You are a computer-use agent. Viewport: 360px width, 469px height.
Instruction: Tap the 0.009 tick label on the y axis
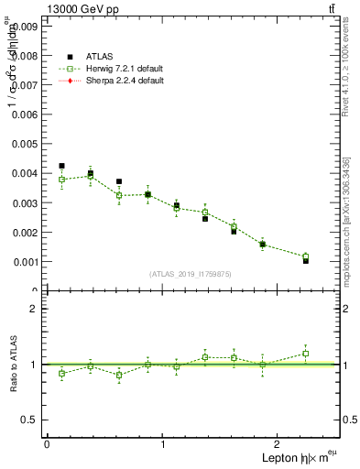click(24, 27)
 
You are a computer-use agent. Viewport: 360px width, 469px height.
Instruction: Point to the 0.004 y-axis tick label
click(24, 173)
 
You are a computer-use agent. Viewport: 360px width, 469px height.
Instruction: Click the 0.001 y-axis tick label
click(24, 261)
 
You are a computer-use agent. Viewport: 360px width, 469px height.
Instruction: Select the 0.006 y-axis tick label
click(24, 115)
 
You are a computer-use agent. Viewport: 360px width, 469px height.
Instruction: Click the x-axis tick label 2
click(279, 444)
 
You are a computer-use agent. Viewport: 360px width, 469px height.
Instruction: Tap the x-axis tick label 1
click(163, 444)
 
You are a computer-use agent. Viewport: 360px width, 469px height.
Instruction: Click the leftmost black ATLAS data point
click(61, 166)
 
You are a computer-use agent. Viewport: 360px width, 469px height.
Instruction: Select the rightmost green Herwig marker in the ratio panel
click(306, 354)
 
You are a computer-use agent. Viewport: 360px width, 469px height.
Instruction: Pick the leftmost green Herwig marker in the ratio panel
click(61, 374)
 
